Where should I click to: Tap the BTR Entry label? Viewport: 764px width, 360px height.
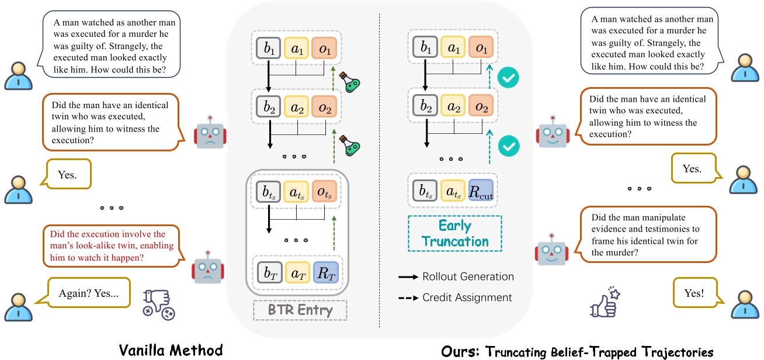300,310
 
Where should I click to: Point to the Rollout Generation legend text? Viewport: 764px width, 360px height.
468,276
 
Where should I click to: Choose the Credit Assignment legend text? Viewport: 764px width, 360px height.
467,297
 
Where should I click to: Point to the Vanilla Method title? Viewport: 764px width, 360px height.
171,349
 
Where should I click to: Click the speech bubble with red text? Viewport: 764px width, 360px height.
112,245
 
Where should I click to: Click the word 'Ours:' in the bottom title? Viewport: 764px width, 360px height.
460,351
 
